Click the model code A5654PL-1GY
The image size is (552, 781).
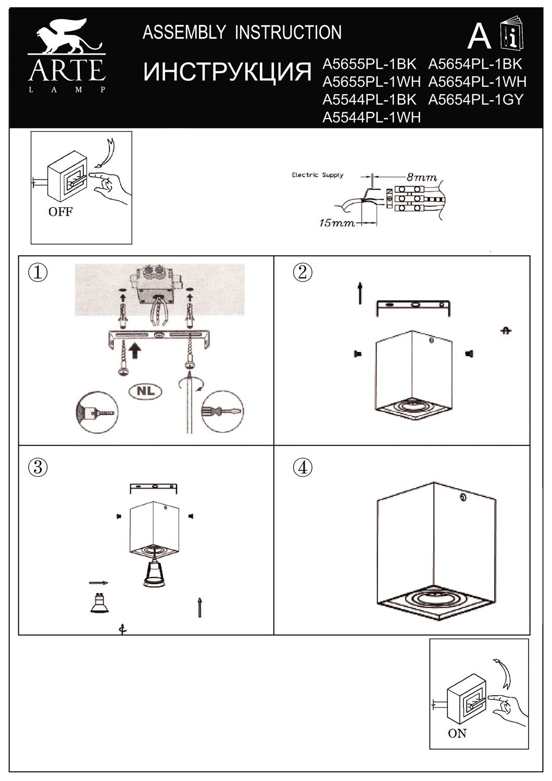475,99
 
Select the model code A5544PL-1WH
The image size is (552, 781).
371,118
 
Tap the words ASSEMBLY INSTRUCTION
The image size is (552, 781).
242,32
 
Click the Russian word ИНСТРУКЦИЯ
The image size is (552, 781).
227,72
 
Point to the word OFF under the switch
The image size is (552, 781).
60,212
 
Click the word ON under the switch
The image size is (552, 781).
457,733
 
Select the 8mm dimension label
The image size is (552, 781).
422,178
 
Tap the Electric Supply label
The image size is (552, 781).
317,175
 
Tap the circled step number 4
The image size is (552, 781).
303,467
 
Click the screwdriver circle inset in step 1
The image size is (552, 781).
222,412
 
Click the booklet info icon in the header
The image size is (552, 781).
511,35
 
